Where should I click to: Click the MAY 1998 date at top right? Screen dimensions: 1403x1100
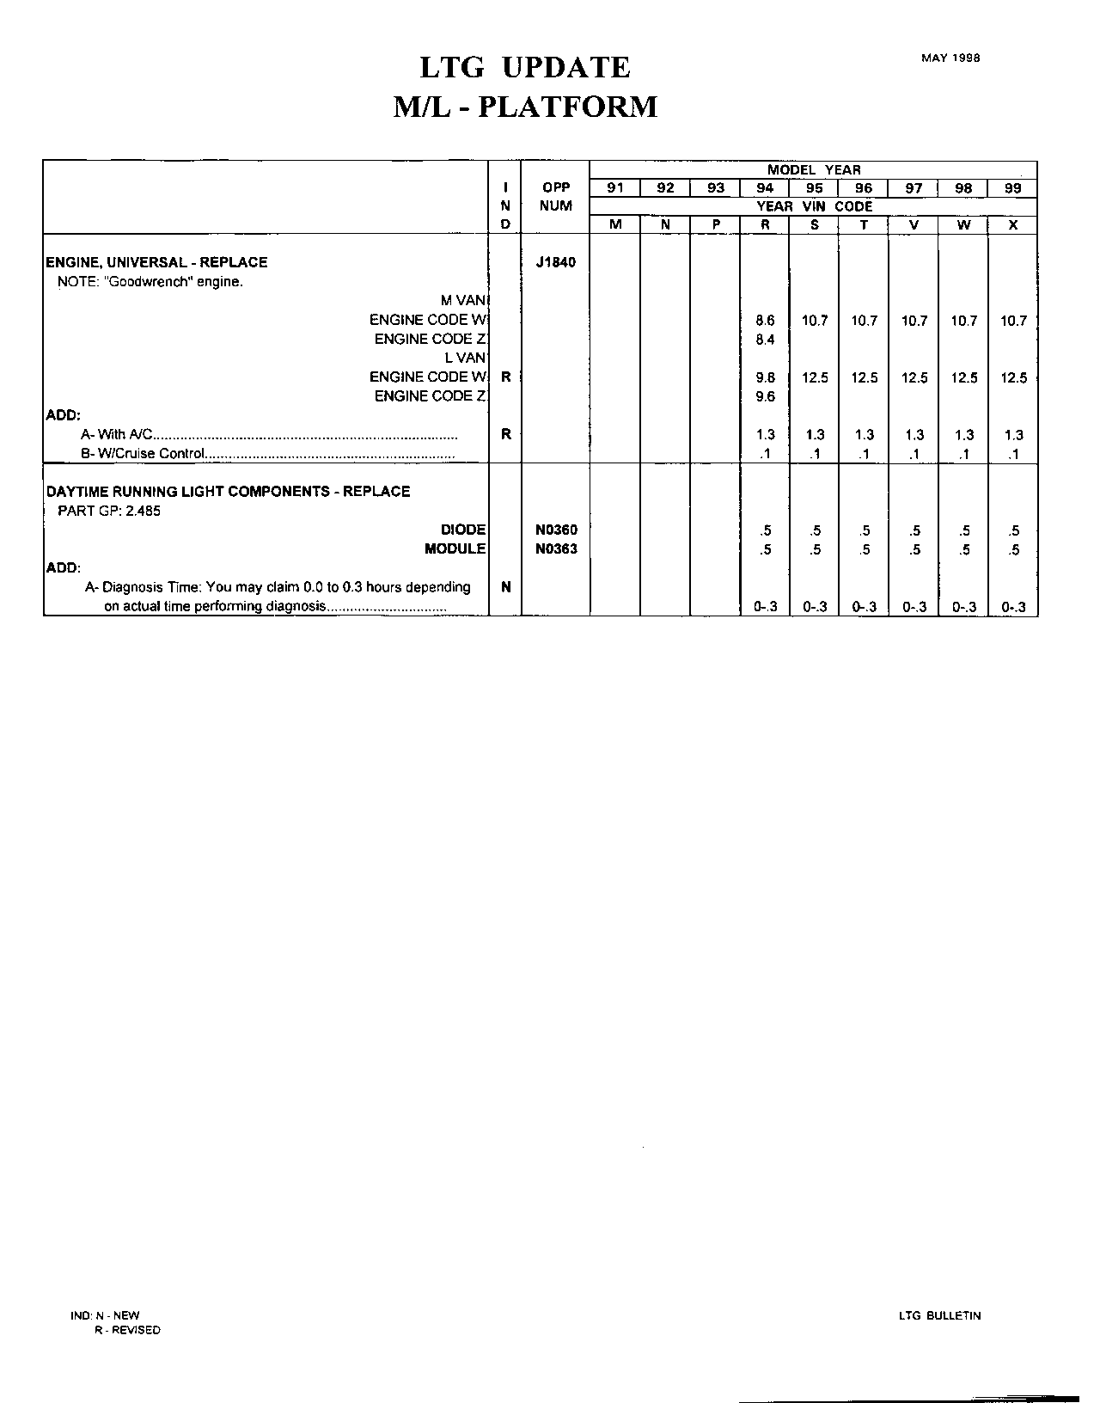[x=950, y=58]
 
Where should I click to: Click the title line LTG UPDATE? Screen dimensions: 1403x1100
[x=525, y=67]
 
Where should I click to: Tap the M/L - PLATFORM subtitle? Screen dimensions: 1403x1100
[x=525, y=107]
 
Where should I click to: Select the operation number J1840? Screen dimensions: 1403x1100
[x=555, y=262]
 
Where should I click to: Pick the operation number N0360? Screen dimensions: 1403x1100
[x=556, y=530]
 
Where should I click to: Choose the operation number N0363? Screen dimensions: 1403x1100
[x=556, y=549]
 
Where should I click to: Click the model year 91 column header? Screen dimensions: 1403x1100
[x=615, y=188]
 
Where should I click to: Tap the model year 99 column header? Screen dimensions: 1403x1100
[x=1013, y=188]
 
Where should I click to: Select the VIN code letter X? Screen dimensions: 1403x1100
[x=1013, y=224]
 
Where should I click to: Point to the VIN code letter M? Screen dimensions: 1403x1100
[x=615, y=224]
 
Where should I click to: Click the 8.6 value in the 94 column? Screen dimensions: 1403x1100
[x=765, y=321]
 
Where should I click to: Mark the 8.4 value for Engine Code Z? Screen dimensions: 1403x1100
[x=765, y=340]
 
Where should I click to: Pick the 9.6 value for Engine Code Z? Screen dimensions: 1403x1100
[x=765, y=396]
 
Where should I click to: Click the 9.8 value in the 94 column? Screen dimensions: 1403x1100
[x=765, y=377]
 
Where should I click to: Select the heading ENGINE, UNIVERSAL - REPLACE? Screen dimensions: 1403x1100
[x=156, y=262]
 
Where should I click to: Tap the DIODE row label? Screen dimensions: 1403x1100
[x=463, y=530]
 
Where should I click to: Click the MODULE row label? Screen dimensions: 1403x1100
[x=455, y=549]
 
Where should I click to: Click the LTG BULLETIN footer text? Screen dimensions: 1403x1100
[x=939, y=1315]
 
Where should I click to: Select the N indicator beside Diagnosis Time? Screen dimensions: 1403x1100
[x=505, y=587]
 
